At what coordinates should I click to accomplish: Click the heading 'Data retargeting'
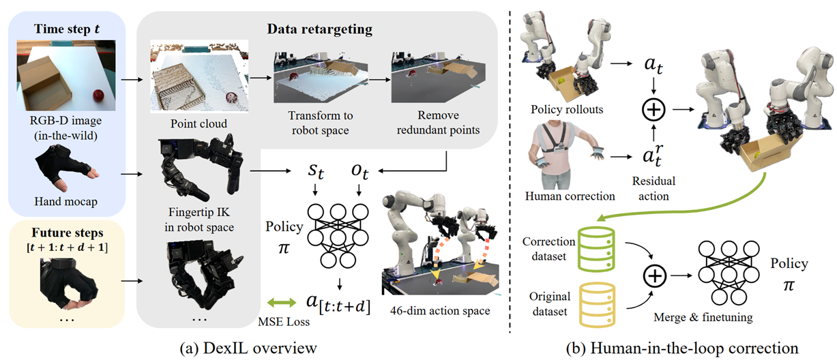(319, 29)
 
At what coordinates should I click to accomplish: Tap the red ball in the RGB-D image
(99, 95)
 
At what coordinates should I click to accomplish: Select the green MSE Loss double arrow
(282, 302)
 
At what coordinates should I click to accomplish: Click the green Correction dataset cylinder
(596, 249)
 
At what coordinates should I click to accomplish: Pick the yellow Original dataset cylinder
(597, 305)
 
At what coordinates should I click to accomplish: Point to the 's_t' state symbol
(316, 171)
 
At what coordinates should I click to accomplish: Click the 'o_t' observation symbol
(360, 171)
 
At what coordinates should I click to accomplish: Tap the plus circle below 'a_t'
(654, 109)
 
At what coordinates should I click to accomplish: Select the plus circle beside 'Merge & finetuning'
(655, 275)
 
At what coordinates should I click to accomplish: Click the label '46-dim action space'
(440, 311)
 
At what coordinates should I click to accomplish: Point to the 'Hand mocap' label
(65, 202)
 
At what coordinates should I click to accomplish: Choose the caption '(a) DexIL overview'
(248, 348)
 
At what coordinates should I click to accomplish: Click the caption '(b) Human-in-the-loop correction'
(682, 348)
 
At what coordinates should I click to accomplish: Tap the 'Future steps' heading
(68, 232)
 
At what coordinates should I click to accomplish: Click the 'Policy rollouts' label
(567, 109)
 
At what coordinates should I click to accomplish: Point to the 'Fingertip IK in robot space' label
(199, 220)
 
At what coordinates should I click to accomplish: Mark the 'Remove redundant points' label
(438, 123)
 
